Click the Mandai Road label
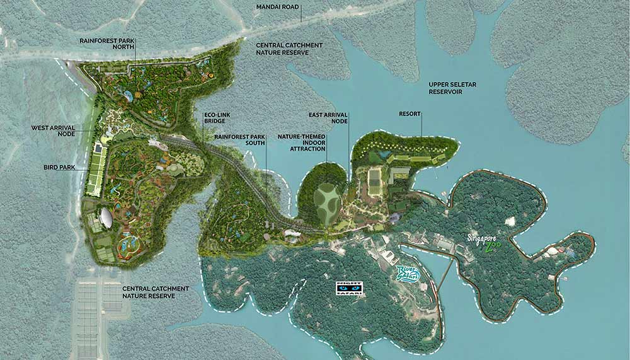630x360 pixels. click(x=278, y=8)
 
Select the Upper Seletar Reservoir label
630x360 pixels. click(x=455, y=88)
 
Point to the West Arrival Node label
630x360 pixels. click(x=54, y=131)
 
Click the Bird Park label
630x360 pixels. click(x=60, y=168)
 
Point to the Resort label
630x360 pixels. click(x=410, y=115)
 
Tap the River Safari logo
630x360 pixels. click(x=408, y=275)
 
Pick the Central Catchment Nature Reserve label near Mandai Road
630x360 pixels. click(x=289, y=49)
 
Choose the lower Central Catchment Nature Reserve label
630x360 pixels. click(x=148, y=291)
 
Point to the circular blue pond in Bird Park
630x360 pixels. click(x=129, y=243)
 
